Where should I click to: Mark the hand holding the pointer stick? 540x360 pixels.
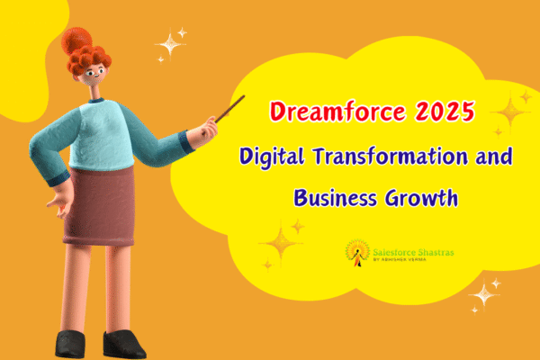[206, 132]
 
